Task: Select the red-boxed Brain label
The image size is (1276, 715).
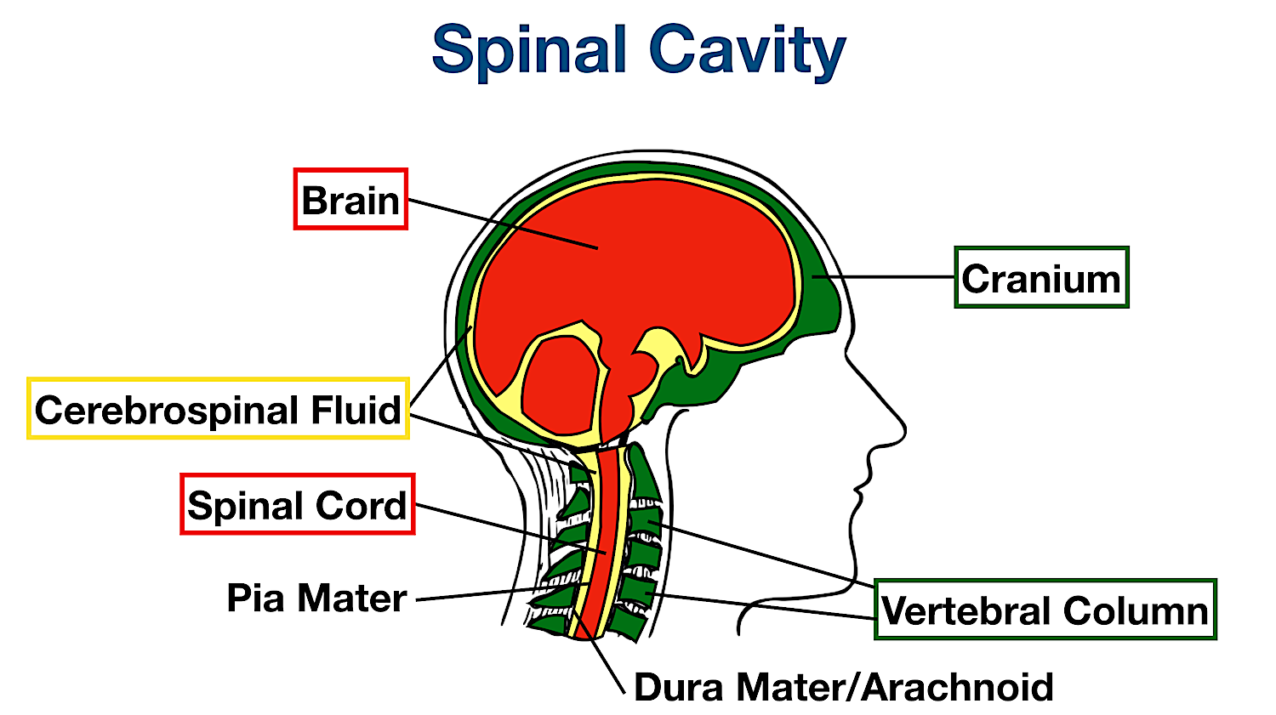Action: coord(350,200)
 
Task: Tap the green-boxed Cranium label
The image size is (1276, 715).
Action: coord(1041,278)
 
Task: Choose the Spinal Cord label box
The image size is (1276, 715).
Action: coord(298,504)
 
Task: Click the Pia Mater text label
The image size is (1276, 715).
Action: coord(316,598)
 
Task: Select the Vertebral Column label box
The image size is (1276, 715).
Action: coord(1045,610)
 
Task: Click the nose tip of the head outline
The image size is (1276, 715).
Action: coord(903,425)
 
